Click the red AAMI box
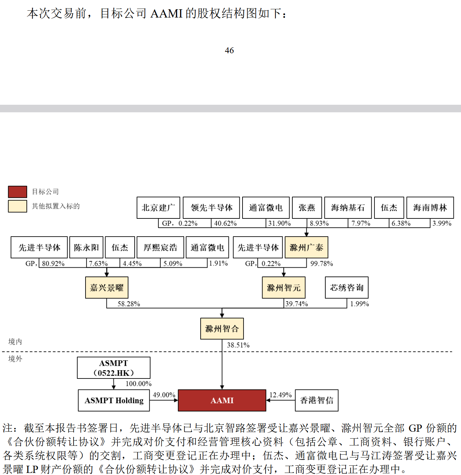[x=222, y=400]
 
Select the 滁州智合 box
[x=222, y=329]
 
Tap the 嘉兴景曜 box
[x=107, y=287]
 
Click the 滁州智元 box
[x=284, y=287]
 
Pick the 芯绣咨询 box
[x=347, y=287]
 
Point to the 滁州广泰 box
[x=306, y=247]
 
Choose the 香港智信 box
[x=317, y=400]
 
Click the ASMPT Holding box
[x=114, y=400]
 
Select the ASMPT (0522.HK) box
[x=114, y=368]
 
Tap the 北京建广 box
[x=158, y=207]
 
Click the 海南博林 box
[x=430, y=207]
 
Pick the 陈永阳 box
[x=86, y=247]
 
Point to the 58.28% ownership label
[x=129, y=304]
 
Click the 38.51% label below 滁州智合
[x=238, y=345]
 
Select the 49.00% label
[x=164, y=395]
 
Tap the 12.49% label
[x=280, y=395]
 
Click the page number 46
[x=229, y=50]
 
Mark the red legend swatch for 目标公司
[x=18, y=192]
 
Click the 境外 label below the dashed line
[x=15, y=359]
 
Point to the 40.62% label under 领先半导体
[x=225, y=223]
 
